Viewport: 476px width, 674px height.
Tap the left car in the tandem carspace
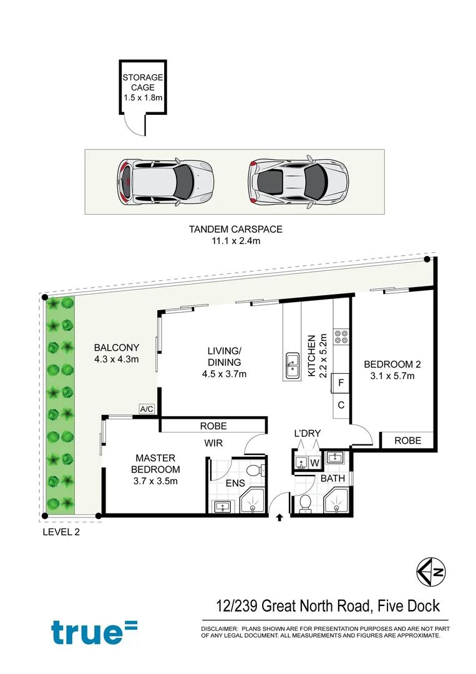tap(165, 181)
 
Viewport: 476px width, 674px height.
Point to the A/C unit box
tap(147, 409)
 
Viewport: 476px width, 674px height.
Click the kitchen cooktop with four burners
tap(342, 337)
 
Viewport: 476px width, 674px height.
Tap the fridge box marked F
tap(342, 383)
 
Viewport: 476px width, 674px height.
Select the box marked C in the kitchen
tap(342, 404)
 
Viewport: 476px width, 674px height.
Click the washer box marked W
tap(314, 463)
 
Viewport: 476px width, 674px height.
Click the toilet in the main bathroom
tap(305, 503)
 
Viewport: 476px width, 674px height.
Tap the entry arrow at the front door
tap(279, 517)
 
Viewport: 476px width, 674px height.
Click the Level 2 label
tap(61, 532)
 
